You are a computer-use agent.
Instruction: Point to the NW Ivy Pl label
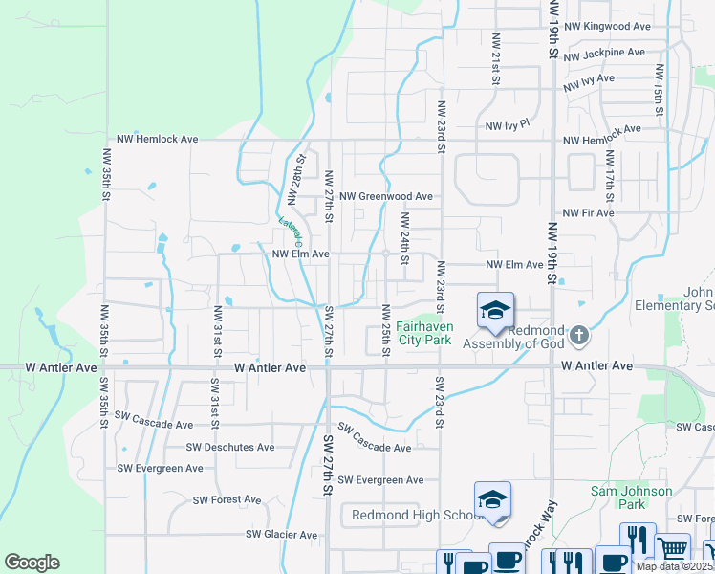507,125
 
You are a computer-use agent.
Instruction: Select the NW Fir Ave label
588,212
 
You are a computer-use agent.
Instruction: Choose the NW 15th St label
659,91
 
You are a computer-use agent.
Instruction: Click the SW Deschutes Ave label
230,447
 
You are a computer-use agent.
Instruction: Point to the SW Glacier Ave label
281,534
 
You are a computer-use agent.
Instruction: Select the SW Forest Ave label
227,499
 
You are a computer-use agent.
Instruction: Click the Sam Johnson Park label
631,497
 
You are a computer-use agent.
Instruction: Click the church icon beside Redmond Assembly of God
578,336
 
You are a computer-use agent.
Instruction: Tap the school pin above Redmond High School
493,500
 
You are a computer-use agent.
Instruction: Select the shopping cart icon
673,548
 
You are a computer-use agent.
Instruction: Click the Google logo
32,563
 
